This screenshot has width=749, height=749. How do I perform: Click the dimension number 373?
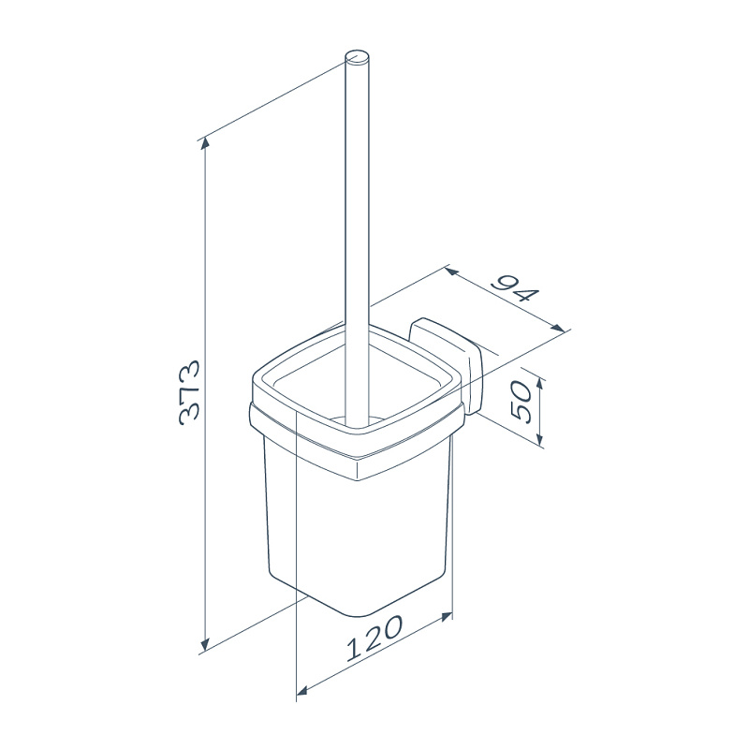click(189, 393)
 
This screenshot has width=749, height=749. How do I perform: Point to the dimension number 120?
click(375, 639)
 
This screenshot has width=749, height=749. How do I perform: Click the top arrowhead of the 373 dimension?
click(205, 142)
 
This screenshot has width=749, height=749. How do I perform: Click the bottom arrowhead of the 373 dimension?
click(205, 644)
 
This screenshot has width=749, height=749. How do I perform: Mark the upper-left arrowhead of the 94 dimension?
click(451, 272)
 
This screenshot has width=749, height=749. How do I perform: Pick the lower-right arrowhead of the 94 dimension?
click(558, 329)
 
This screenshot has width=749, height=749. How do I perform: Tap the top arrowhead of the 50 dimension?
click(540, 384)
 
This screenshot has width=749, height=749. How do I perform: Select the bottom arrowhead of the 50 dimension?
click(540, 438)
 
